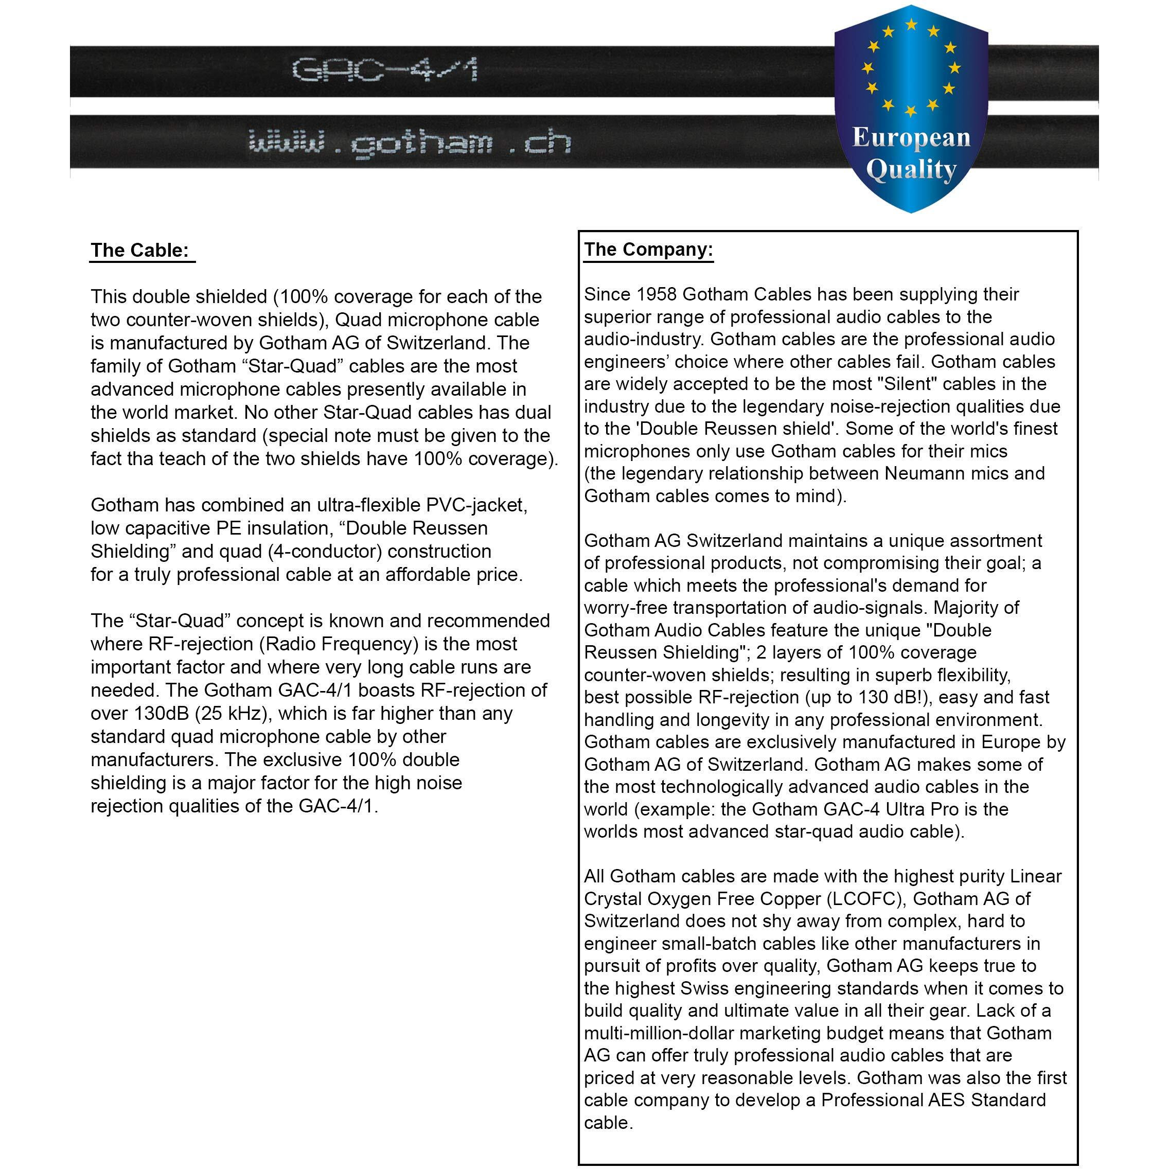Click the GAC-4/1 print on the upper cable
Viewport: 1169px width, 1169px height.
pos(385,69)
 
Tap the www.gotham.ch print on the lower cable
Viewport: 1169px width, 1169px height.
pos(410,144)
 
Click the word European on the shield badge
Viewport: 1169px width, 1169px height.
pos(911,138)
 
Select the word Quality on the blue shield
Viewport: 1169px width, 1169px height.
pos(911,170)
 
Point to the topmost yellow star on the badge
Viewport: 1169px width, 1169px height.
pos(911,24)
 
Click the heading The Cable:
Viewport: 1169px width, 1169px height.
pos(140,251)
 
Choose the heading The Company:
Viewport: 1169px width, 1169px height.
pos(648,250)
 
